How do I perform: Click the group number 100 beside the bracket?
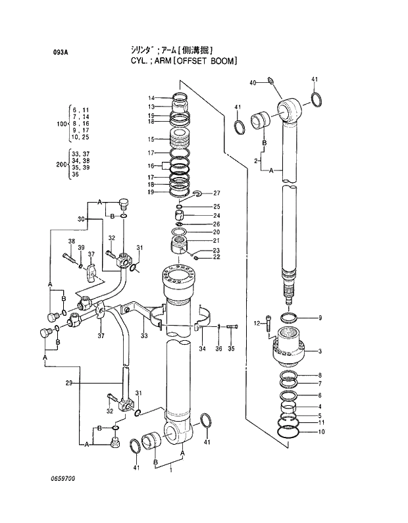click(x=61, y=124)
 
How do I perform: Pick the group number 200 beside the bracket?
click(x=61, y=164)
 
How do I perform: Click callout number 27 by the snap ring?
click(x=217, y=193)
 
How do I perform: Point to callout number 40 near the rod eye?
click(x=253, y=82)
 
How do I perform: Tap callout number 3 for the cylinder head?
click(x=320, y=351)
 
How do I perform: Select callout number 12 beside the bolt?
click(x=258, y=322)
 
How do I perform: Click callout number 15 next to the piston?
click(x=151, y=139)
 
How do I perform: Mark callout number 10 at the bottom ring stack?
click(x=320, y=432)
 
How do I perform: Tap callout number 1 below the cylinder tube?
click(x=170, y=470)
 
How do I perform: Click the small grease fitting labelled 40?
click(x=269, y=82)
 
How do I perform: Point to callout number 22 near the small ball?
click(x=217, y=257)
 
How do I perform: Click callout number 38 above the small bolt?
click(x=71, y=241)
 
